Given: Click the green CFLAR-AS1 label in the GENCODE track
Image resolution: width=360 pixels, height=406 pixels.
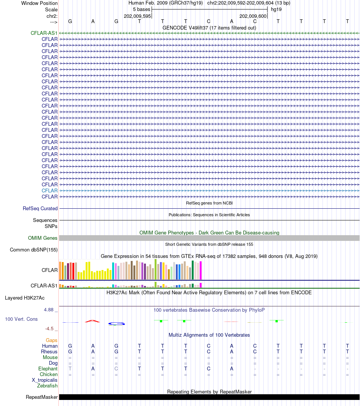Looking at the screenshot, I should [x=44, y=33].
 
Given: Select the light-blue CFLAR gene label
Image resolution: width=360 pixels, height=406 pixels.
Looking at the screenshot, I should [x=50, y=191].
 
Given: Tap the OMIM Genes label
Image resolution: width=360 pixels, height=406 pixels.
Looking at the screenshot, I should [x=43, y=238].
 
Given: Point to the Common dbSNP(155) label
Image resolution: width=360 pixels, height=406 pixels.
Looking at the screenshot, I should [x=34, y=250].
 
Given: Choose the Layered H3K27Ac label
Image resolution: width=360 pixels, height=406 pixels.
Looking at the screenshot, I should [x=25, y=298].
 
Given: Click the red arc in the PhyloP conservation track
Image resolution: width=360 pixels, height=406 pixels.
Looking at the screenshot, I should [x=92, y=321].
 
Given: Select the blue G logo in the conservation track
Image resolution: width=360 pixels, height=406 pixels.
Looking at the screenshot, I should [x=116, y=323].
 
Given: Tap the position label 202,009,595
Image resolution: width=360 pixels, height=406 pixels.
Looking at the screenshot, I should [x=138, y=16].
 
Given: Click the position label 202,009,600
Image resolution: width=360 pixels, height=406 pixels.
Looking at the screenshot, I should [x=253, y=16].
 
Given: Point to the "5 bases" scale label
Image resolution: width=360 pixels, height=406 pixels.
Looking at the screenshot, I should [x=141, y=9].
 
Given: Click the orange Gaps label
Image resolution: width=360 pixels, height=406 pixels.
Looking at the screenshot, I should [x=52, y=340].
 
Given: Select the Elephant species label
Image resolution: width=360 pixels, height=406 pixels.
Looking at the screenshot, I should [x=48, y=369].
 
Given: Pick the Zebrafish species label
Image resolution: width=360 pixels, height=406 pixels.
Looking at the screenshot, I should [x=47, y=386].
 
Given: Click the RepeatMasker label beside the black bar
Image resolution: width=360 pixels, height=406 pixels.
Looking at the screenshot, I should [x=42, y=397].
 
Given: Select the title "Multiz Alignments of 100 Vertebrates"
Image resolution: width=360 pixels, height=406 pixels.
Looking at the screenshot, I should [x=209, y=335].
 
